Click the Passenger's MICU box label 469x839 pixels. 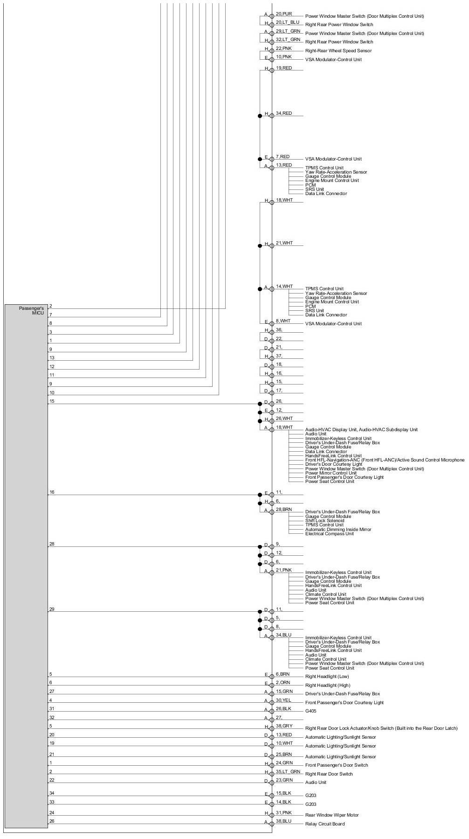point(31,310)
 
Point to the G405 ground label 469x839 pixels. point(310,711)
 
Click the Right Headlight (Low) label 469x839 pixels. point(327,676)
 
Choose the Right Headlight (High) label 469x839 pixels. point(327,685)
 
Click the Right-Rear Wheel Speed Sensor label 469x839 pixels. point(338,50)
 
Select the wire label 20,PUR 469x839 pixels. point(284,14)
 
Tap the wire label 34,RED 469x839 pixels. point(284,113)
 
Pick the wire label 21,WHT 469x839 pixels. point(284,243)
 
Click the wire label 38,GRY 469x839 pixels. point(284,726)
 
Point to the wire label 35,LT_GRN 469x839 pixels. point(288,772)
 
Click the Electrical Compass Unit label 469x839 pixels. point(330,533)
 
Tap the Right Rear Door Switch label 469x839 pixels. point(329,774)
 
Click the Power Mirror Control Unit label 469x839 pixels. point(331,473)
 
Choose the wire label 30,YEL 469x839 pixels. point(284,700)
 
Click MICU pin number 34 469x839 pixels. point(52,793)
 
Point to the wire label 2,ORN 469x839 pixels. point(283,683)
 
